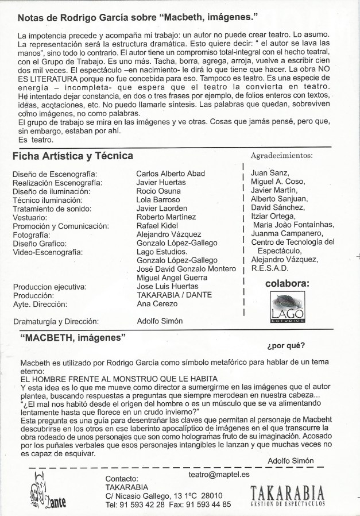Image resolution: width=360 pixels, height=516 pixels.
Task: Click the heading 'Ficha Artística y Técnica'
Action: coord(72,156)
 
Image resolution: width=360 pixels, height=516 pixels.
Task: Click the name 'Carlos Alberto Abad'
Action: coord(170,174)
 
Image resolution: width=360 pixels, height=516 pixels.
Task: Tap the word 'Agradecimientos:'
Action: coord(281,156)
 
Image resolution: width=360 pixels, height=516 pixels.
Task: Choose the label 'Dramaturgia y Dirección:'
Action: coord(56,321)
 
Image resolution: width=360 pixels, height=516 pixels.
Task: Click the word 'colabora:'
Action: coord(287,283)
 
